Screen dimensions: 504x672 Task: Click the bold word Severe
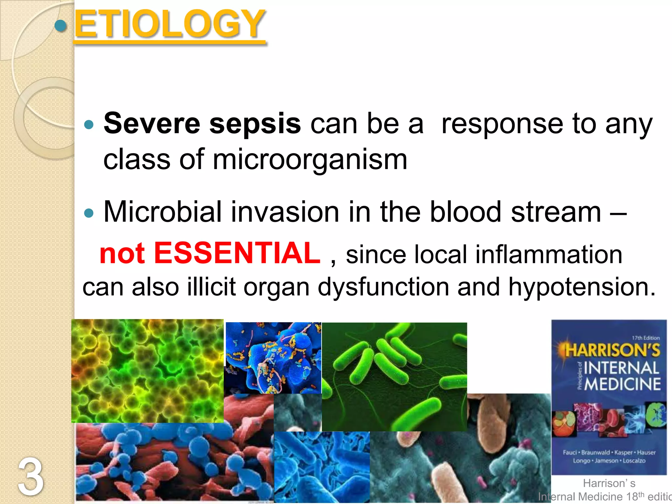point(152,124)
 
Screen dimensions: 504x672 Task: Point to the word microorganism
point(310,160)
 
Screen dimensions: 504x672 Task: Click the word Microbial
point(162,212)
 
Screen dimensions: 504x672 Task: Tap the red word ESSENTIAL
point(237,253)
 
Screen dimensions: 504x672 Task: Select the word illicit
point(211,287)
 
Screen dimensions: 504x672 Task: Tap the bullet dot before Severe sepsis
point(89,125)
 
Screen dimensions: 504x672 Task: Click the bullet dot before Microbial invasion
point(89,214)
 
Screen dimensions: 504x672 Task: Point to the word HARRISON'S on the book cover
point(612,350)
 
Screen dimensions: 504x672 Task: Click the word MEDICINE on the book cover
point(622,384)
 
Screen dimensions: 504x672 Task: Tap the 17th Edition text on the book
point(645,338)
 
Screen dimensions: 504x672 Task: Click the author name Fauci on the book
point(570,452)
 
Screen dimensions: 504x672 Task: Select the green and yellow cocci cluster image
point(147,371)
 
